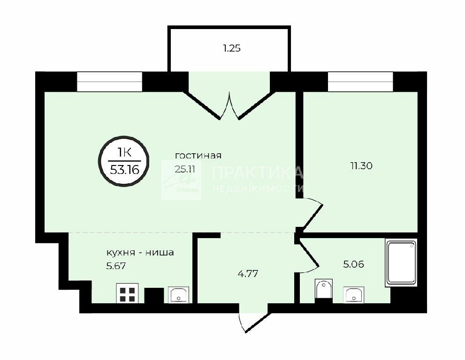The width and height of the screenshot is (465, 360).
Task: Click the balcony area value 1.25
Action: pyautogui.click(x=232, y=48)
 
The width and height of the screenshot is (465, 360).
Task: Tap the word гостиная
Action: pyautogui.click(x=198, y=156)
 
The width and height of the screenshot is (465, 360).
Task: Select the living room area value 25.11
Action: pyautogui.click(x=185, y=169)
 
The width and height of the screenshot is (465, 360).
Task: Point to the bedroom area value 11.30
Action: pyautogui.click(x=361, y=165)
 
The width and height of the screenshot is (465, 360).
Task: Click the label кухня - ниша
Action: pyautogui.click(x=140, y=253)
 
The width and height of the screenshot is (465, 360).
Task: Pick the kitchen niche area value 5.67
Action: pyautogui.click(x=116, y=266)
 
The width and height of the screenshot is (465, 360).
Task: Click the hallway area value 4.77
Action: pyautogui.click(x=248, y=273)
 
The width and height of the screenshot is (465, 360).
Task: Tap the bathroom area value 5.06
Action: pyautogui.click(x=353, y=264)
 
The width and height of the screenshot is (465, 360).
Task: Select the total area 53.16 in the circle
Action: pyautogui.click(x=124, y=170)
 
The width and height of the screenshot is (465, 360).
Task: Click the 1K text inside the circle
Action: pyautogui.click(x=124, y=153)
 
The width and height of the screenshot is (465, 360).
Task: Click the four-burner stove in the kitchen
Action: pyautogui.click(x=127, y=293)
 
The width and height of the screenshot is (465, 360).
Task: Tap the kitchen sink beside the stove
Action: pyautogui.click(x=178, y=295)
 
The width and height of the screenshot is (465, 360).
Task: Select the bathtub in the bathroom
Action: pyautogui.click(x=401, y=262)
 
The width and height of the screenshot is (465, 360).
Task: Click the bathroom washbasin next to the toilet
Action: pyautogui.click(x=354, y=295)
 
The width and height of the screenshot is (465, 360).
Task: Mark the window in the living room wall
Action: pyautogui.click(x=110, y=82)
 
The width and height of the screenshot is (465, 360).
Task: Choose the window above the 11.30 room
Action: pyautogui.click(x=360, y=82)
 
